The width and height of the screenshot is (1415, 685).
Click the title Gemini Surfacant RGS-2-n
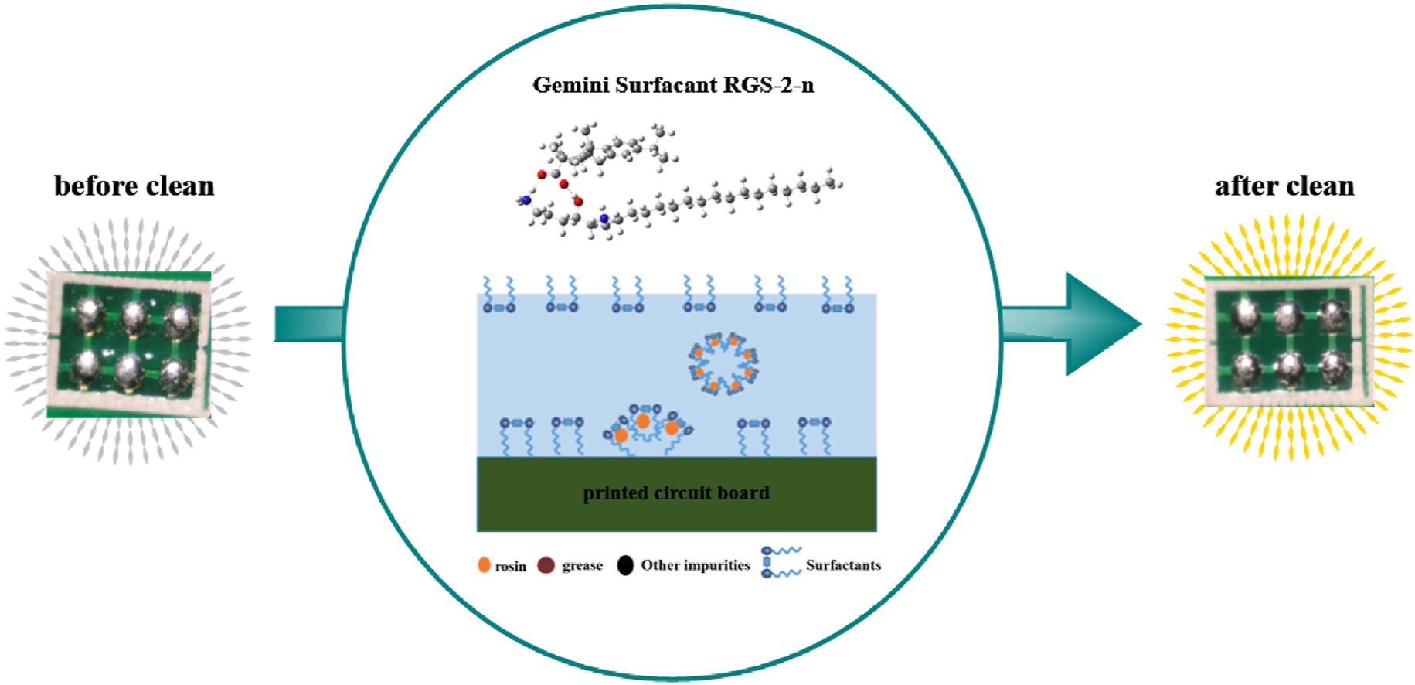[673, 85]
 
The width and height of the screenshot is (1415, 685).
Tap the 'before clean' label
[134, 186]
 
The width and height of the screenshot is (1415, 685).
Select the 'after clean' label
[1284, 186]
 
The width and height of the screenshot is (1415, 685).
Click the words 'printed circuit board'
[676, 493]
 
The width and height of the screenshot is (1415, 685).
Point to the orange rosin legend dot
[484, 565]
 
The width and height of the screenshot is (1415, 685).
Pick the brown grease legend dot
[546, 565]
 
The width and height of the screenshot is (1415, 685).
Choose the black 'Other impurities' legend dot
[625, 565]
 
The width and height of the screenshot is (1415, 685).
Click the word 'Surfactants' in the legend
[843, 565]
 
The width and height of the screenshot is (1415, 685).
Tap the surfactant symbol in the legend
[781, 562]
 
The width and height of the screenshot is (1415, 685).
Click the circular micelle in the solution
[724, 363]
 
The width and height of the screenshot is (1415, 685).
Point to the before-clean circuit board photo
[129, 344]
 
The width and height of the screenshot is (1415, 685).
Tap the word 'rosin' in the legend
[510, 567]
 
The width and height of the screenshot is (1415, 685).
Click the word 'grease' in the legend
[582, 565]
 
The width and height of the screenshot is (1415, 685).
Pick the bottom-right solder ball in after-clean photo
[1334, 366]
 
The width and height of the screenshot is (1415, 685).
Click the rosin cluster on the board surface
[646, 428]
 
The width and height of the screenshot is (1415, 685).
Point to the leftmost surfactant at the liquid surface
[498, 296]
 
